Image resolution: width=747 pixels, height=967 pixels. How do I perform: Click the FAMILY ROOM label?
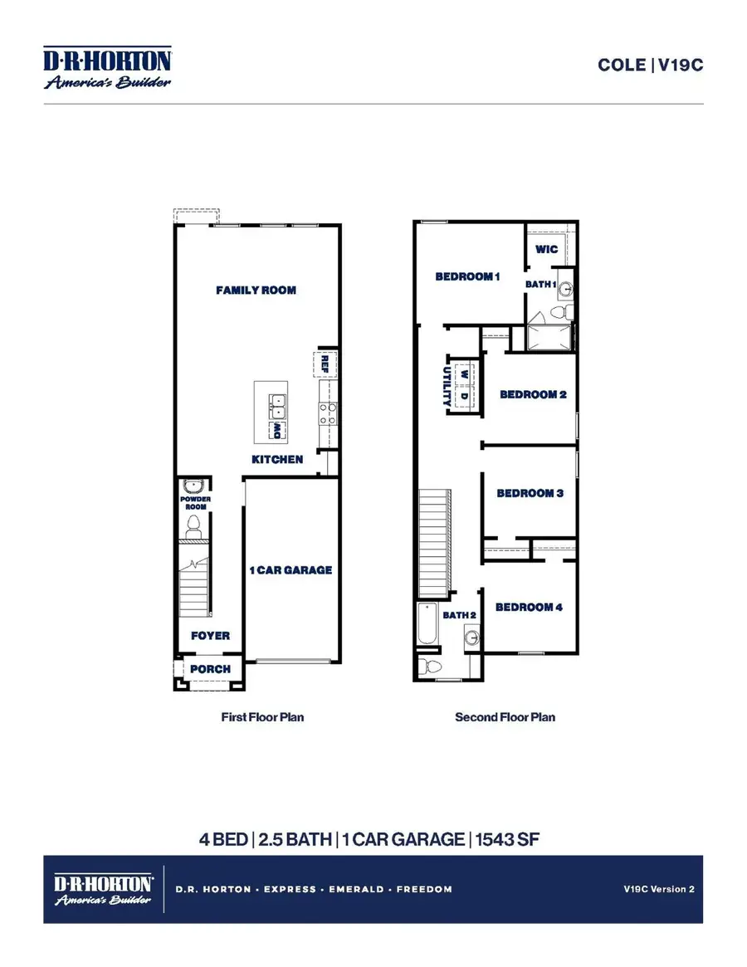pyautogui.click(x=256, y=291)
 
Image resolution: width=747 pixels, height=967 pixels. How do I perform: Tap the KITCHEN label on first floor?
pyautogui.click(x=277, y=459)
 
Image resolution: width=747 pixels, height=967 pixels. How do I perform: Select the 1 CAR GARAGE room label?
pyautogui.click(x=290, y=570)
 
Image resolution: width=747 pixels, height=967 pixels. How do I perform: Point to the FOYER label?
pyautogui.click(x=210, y=636)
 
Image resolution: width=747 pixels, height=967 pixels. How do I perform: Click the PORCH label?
pyautogui.click(x=210, y=669)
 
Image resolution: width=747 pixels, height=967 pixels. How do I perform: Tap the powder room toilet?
pyautogui.click(x=194, y=524)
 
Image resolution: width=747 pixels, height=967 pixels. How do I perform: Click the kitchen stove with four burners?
pyautogui.click(x=328, y=413)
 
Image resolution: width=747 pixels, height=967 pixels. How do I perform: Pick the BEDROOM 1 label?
pyautogui.click(x=467, y=276)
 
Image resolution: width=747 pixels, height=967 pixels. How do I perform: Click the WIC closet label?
pyautogui.click(x=546, y=249)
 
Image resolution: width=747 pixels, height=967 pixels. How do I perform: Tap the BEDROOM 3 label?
pyautogui.click(x=530, y=493)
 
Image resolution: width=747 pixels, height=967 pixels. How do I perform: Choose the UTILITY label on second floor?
pyautogui.click(x=446, y=386)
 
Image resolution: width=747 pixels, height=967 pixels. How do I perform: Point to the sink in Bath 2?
pyautogui.click(x=471, y=638)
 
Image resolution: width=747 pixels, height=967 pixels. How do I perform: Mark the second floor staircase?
pyautogui.click(x=433, y=544)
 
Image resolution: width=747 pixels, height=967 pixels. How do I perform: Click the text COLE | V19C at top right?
pyautogui.click(x=650, y=65)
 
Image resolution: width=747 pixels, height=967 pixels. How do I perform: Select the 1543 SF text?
pyautogui.click(x=507, y=839)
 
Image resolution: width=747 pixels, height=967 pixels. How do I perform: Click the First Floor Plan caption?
pyautogui.click(x=262, y=717)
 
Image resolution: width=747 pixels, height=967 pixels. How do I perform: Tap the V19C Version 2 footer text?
pyautogui.click(x=659, y=889)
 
